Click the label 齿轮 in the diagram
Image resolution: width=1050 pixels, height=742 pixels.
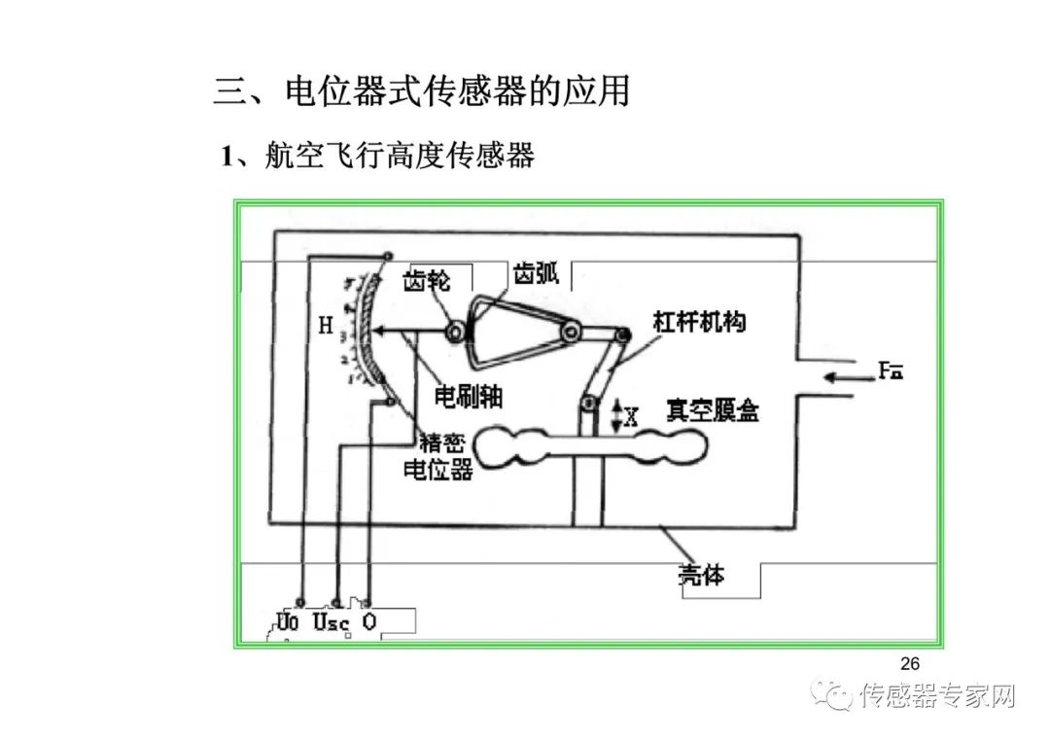[x=427, y=281]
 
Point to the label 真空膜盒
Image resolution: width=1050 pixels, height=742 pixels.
[x=712, y=410]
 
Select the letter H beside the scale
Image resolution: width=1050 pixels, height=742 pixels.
[x=326, y=327]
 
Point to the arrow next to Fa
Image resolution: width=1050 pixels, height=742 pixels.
[x=843, y=376]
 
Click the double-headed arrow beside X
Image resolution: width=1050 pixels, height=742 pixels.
[x=615, y=417]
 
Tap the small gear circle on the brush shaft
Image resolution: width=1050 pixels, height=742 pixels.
[x=454, y=333]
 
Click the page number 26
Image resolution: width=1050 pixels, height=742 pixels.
[x=909, y=664]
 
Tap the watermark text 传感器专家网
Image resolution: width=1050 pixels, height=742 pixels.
[x=938, y=696]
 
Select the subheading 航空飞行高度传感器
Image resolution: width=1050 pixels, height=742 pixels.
[x=400, y=156]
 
